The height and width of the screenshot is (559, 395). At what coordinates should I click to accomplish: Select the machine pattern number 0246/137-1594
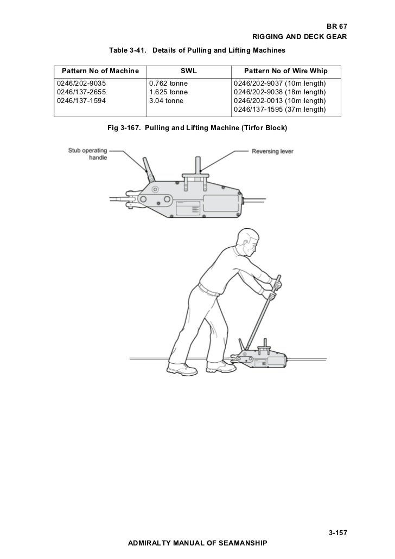[82, 100]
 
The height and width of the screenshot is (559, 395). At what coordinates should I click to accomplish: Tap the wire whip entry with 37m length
[279, 109]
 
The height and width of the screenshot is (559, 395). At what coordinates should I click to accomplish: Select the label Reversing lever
[272, 151]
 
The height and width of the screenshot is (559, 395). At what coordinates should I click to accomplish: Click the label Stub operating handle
[87, 153]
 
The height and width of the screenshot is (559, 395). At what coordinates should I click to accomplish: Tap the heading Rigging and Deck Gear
[300, 37]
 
